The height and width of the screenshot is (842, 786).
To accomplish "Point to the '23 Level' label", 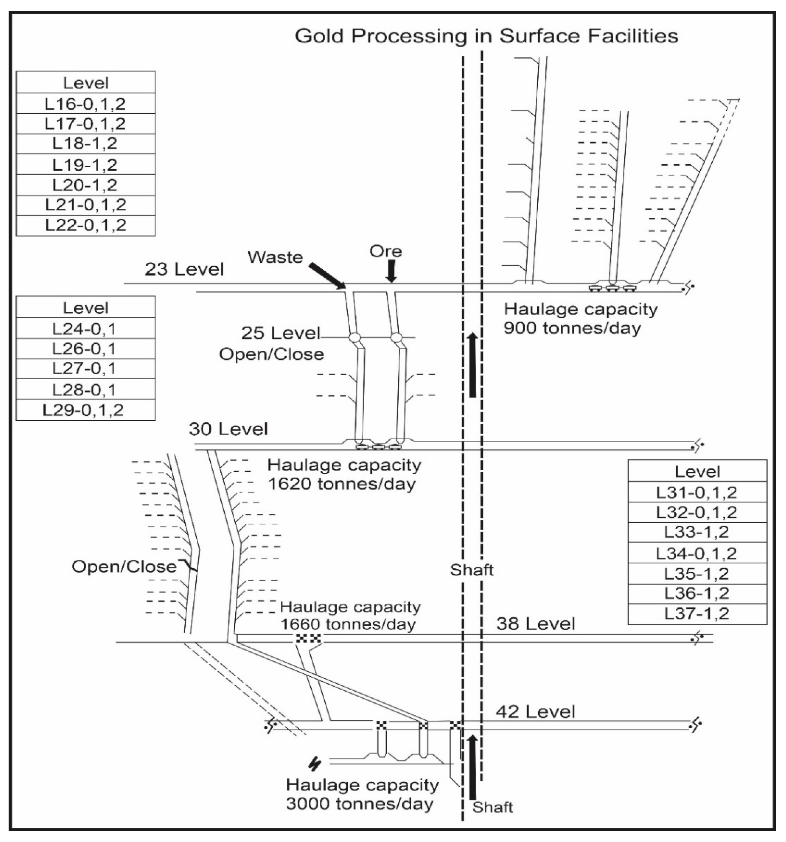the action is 184,269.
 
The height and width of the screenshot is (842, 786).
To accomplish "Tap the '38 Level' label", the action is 536,624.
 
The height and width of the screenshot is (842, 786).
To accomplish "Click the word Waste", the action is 275,257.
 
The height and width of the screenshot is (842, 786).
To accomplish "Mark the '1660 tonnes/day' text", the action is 348,624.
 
